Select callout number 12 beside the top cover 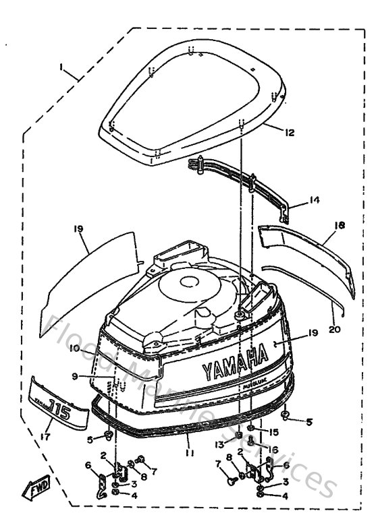tap(289, 133)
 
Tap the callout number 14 tap(313, 200)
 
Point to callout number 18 tap(338, 226)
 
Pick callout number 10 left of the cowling tap(74, 348)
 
